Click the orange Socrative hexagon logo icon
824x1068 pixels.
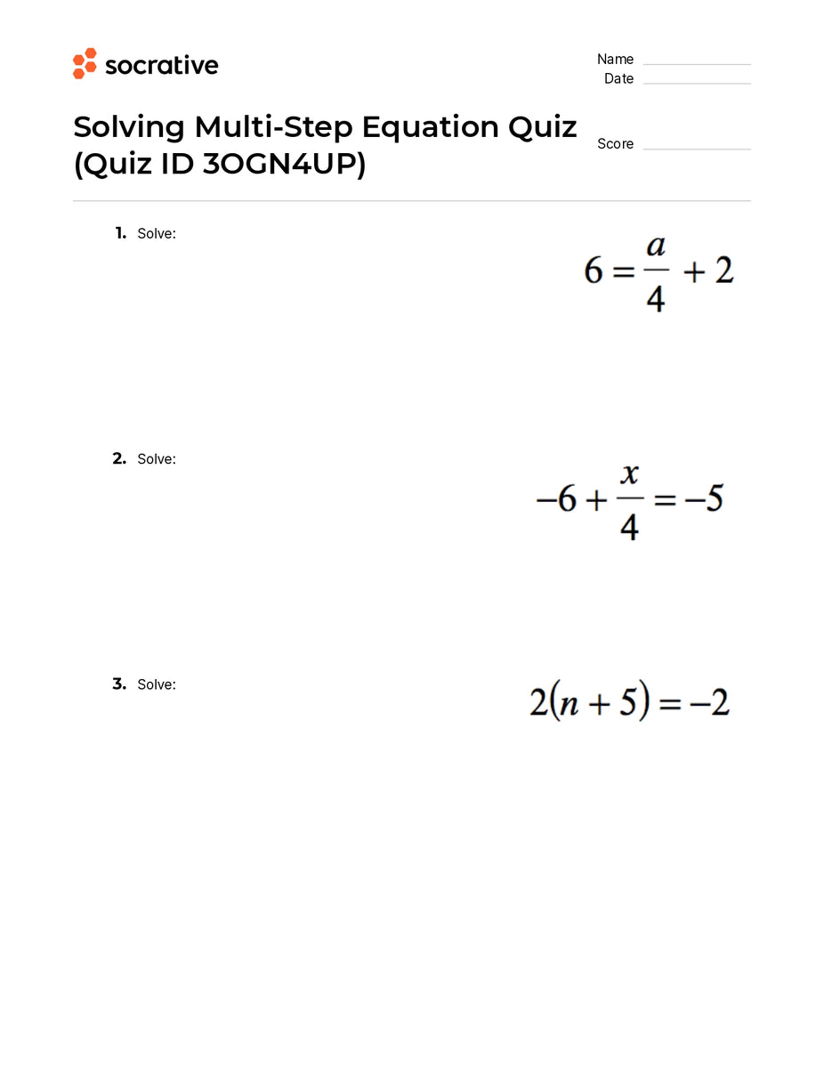pyautogui.click(x=85, y=64)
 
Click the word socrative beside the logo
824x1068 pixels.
pyautogui.click(x=161, y=65)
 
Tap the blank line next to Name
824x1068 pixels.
pyautogui.click(x=697, y=62)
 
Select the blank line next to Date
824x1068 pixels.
pyautogui.click(x=697, y=82)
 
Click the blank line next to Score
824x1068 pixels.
pyautogui.click(x=697, y=147)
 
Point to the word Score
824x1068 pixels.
pyautogui.click(x=615, y=144)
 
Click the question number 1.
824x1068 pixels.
pyautogui.click(x=120, y=233)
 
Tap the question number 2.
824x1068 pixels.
pyautogui.click(x=119, y=459)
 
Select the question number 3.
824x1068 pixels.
pyautogui.click(x=119, y=684)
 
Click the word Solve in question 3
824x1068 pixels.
pyautogui.click(x=156, y=684)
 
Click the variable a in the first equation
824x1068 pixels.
pyautogui.click(x=656, y=246)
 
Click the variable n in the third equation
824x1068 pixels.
pyautogui.click(x=570, y=705)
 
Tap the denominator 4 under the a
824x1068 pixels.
pyautogui.click(x=656, y=298)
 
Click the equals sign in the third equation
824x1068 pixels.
pyautogui.click(x=671, y=705)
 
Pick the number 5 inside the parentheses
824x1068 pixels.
pyautogui.click(x=627, y=704)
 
